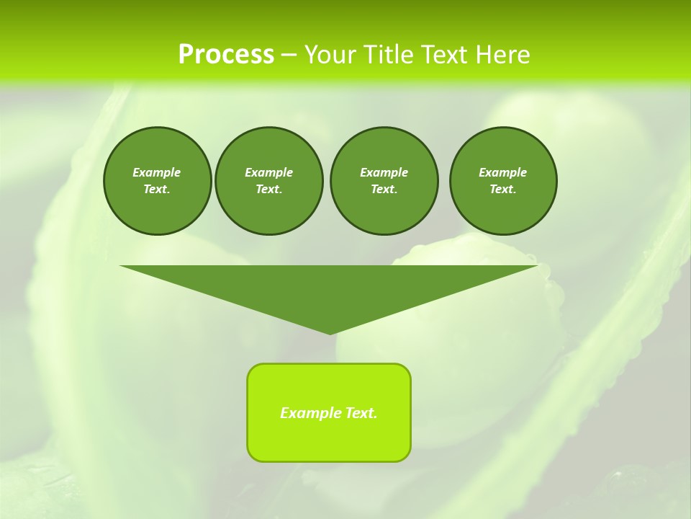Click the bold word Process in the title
(226, 55)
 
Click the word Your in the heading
(331, 55)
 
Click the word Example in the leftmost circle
(157, 172)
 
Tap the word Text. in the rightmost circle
(503, 189)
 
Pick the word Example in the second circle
(269, 172)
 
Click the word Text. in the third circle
(384, 189)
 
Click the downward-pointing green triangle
(329, 288)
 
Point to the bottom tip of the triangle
(330, 333)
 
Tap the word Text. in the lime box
(361, 413)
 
